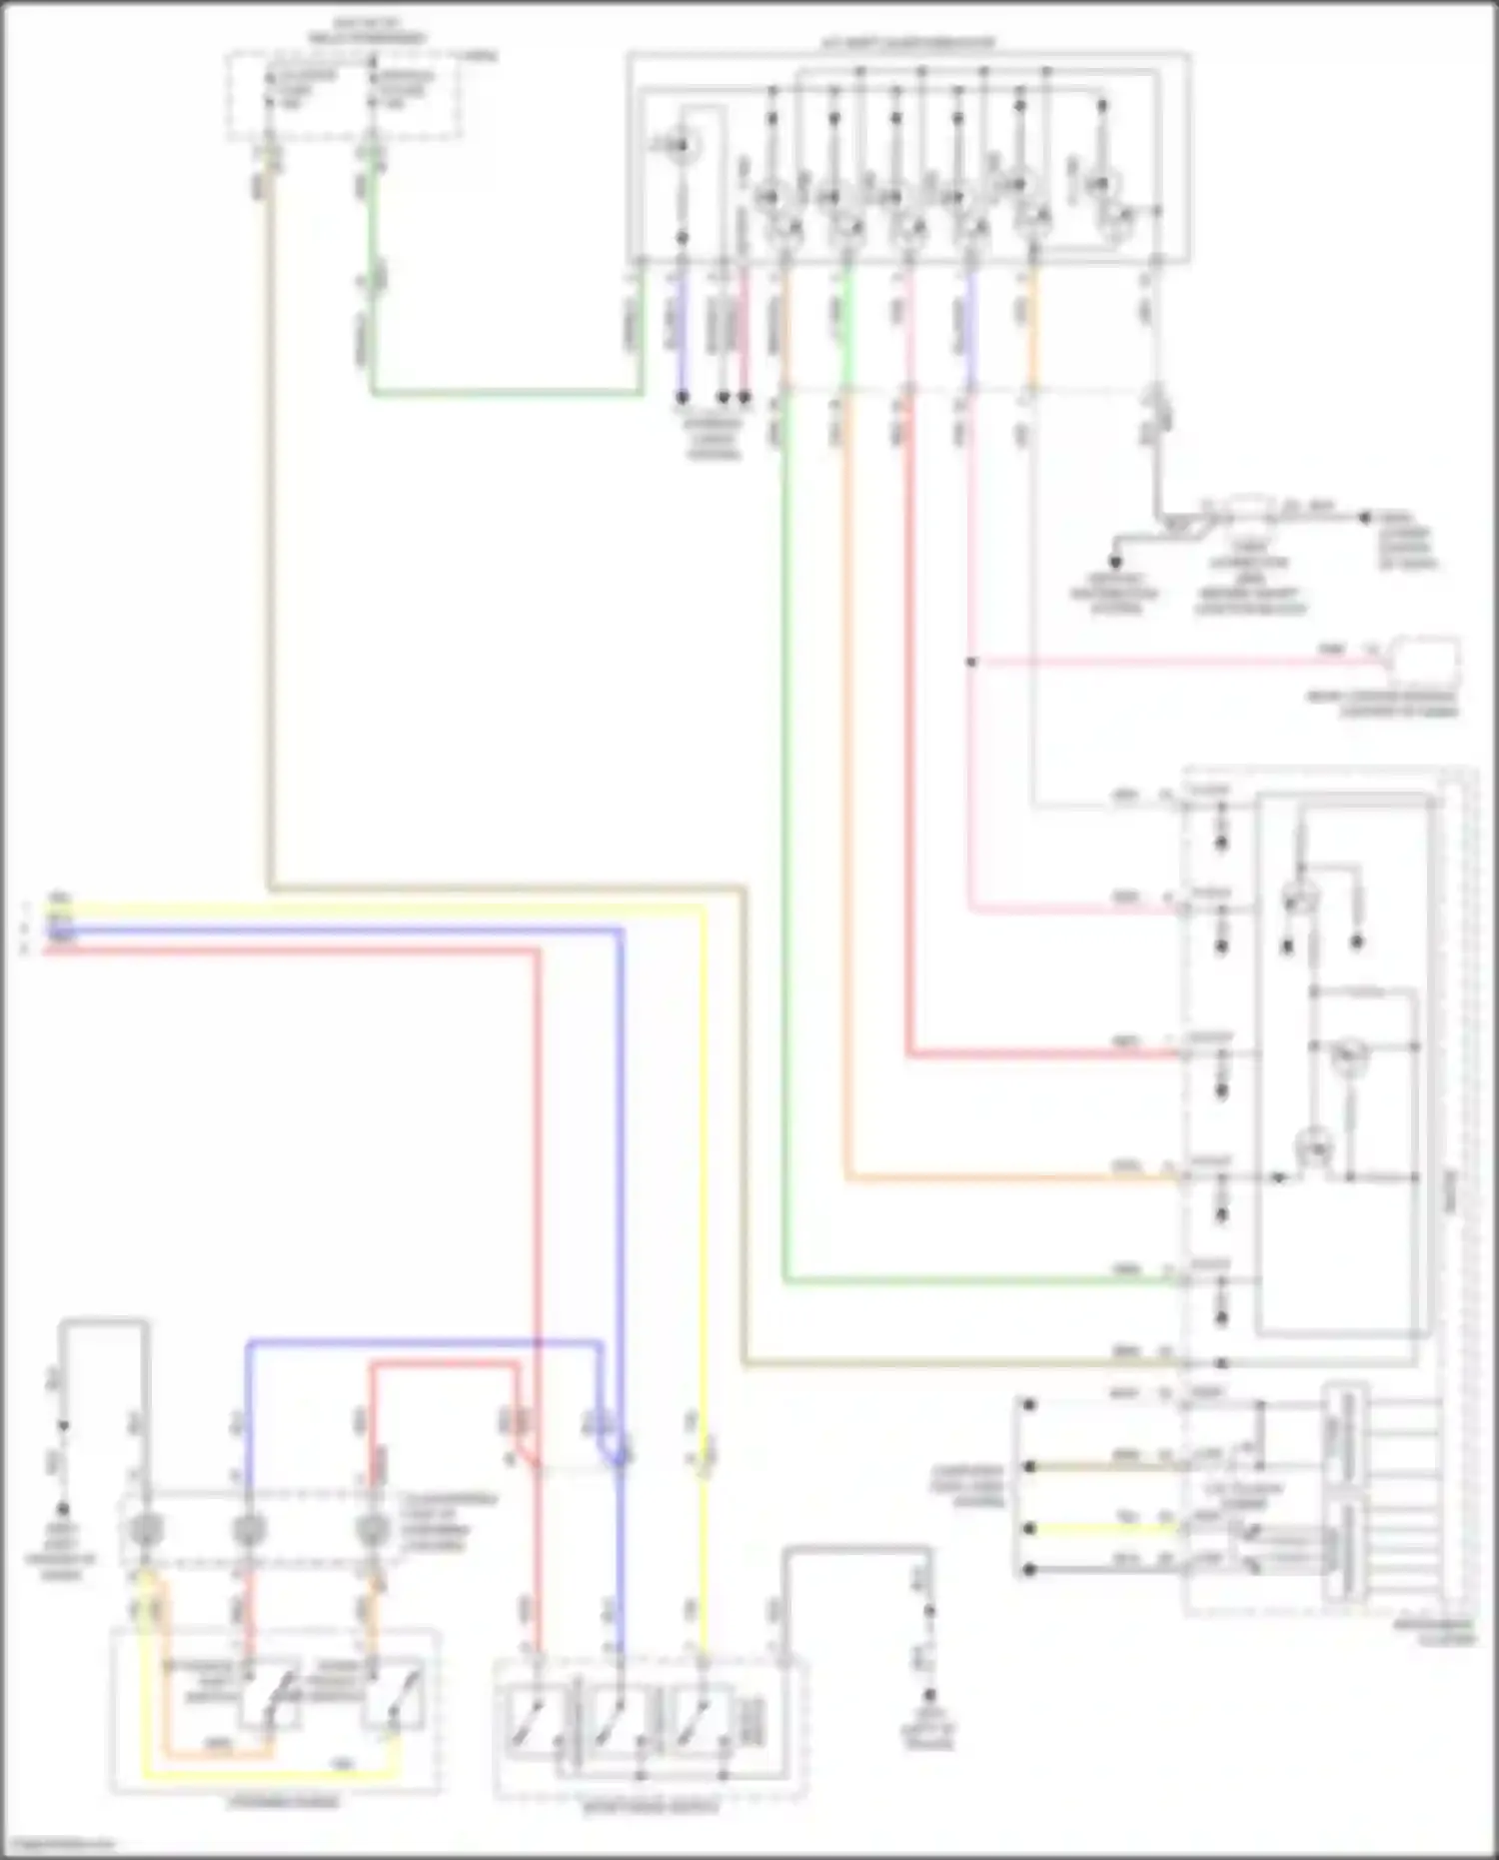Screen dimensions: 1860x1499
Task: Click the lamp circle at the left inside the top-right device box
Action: (682, 149)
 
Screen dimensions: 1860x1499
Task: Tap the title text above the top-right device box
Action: (908, 43)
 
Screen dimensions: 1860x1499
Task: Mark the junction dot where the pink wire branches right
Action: (970, 662)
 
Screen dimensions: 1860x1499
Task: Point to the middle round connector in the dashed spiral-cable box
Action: (248, 1530)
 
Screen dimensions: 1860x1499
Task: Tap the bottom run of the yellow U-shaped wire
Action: (270, 1776)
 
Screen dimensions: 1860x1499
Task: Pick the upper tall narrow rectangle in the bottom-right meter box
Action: (1344, 1435)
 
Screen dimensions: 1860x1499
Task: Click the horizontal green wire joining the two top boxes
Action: (505, 394)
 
